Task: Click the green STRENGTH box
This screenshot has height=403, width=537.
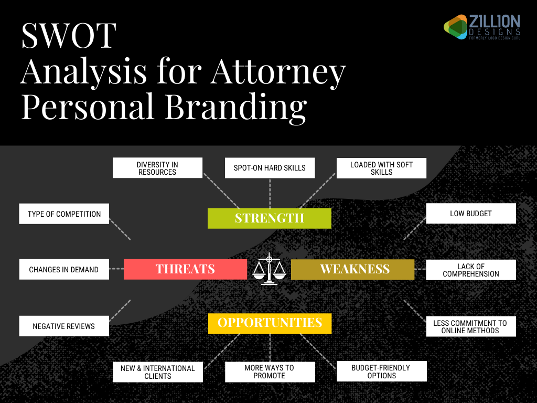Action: pyautogui.click(x=269, y=218)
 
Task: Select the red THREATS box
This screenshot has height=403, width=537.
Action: pyautogui.click(x=185, y=269)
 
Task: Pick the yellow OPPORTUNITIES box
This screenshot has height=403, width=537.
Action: pyautogui.click(x=270, y=323)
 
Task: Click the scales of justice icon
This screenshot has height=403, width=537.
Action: pyautogui.click(x=269, y=269)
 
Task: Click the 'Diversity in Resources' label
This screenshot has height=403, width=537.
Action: pyautogui.click(x=157, y=168)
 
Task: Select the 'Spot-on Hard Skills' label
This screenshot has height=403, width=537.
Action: pyautogui.click(x=270, y=168)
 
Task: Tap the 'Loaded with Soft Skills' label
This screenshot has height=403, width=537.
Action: pyautogui.click(x=381, y=168)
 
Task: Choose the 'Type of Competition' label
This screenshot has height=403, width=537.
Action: pyautogui.click(x=64, y=214)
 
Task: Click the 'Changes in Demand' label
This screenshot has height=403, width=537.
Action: pyautogui.click(x=64, y=269)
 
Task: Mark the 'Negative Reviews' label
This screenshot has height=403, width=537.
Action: pyautogui.click(x=64, y=326)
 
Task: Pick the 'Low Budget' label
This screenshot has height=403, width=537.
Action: pyautogui.click(x=471, y=214)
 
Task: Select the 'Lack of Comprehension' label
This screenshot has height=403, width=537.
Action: pyautogui.click(x=471, y=270)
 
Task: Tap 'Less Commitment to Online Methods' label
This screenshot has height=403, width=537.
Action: pyautogui.click(x=471, y=326)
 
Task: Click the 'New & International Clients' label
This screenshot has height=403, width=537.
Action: pyautogui.click(x=157, y=372)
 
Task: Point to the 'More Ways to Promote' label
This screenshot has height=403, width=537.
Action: pyautogui.click(x=270, y=372)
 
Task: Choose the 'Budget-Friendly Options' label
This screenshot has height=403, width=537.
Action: pyautogui.click(x=381, y=372)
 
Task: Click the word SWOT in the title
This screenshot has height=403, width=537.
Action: pyautogui.click(x=68, y=36)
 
